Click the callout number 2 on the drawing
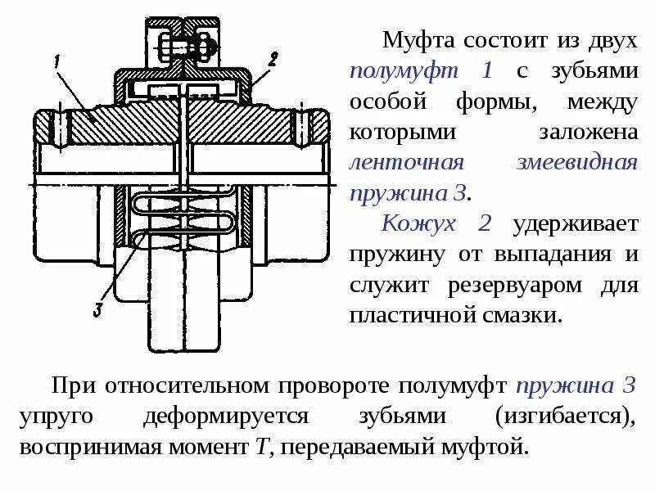[273, 58]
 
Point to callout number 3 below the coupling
[97, 309]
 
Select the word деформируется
[225, 417]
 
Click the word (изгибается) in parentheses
[565, 417]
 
